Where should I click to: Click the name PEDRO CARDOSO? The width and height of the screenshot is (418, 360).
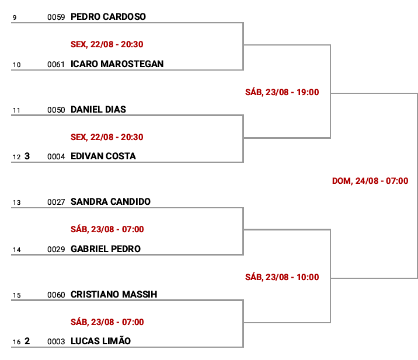108,17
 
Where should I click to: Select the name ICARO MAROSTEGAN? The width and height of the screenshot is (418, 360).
117,64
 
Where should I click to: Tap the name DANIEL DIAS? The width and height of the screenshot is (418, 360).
98,110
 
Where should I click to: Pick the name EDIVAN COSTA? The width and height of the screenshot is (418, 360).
103,156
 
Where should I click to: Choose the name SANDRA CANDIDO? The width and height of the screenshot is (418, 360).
111,202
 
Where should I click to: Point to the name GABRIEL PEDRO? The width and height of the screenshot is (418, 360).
106,249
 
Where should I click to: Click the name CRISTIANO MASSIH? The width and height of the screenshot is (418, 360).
114,295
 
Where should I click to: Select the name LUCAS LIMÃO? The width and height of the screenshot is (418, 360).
101,341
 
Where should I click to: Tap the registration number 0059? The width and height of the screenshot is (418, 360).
56,18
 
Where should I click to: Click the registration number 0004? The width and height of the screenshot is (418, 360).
56,157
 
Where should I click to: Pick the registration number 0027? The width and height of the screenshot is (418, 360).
56,202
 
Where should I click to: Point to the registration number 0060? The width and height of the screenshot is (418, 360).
56,295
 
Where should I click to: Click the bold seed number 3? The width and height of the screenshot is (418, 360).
27,156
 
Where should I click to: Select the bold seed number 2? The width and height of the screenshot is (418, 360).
27,341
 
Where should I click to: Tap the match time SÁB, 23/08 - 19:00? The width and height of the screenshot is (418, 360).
282,92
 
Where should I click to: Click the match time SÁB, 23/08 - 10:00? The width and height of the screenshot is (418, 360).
282,277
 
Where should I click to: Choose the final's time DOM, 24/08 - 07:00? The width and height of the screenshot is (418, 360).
370,181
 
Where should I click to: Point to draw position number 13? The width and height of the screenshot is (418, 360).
16,202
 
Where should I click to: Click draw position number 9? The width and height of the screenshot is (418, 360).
15,18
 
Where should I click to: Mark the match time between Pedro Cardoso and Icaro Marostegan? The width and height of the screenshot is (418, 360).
107,44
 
